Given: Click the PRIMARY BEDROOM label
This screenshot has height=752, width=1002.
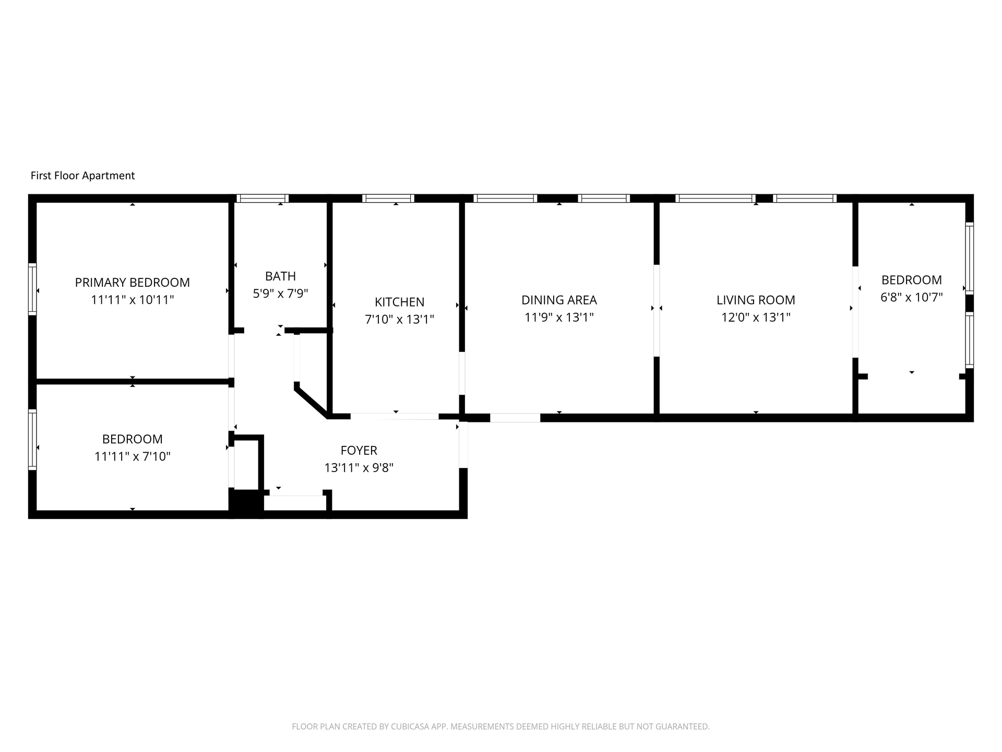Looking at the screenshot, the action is coord(132,283).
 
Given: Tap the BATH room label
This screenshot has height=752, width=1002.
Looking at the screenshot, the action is coord(280,276).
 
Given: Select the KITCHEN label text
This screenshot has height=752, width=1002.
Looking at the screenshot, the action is coord(399,302).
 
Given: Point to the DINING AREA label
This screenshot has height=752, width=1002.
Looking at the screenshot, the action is coord(559,300).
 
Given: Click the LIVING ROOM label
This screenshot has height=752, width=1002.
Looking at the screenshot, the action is coord(756,300).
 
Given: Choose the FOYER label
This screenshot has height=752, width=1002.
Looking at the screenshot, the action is coord(359,450).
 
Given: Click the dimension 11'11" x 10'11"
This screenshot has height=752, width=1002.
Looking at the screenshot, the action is coord(132,300).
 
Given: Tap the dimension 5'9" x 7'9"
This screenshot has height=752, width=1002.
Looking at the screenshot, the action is coord(280,293).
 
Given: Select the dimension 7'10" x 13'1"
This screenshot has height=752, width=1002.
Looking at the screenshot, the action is coord(399,319).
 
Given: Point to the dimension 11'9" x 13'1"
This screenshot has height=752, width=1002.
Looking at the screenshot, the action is coord(559,317).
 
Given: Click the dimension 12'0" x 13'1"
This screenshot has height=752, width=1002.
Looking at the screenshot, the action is coord(756,317).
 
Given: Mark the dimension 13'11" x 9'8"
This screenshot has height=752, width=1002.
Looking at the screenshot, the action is coord(359,467).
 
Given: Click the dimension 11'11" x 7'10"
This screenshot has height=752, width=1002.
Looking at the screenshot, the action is coord(132,456).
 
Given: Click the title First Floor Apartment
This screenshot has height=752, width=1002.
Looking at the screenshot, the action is coord(82,175).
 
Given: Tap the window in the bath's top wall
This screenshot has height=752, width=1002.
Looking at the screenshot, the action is coord(263,198).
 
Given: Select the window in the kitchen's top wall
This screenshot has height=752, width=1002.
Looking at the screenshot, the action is coord(388,198).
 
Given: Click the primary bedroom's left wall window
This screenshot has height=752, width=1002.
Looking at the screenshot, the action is coord(32,289).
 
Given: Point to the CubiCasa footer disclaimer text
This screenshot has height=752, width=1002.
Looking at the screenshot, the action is coord(500,726).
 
